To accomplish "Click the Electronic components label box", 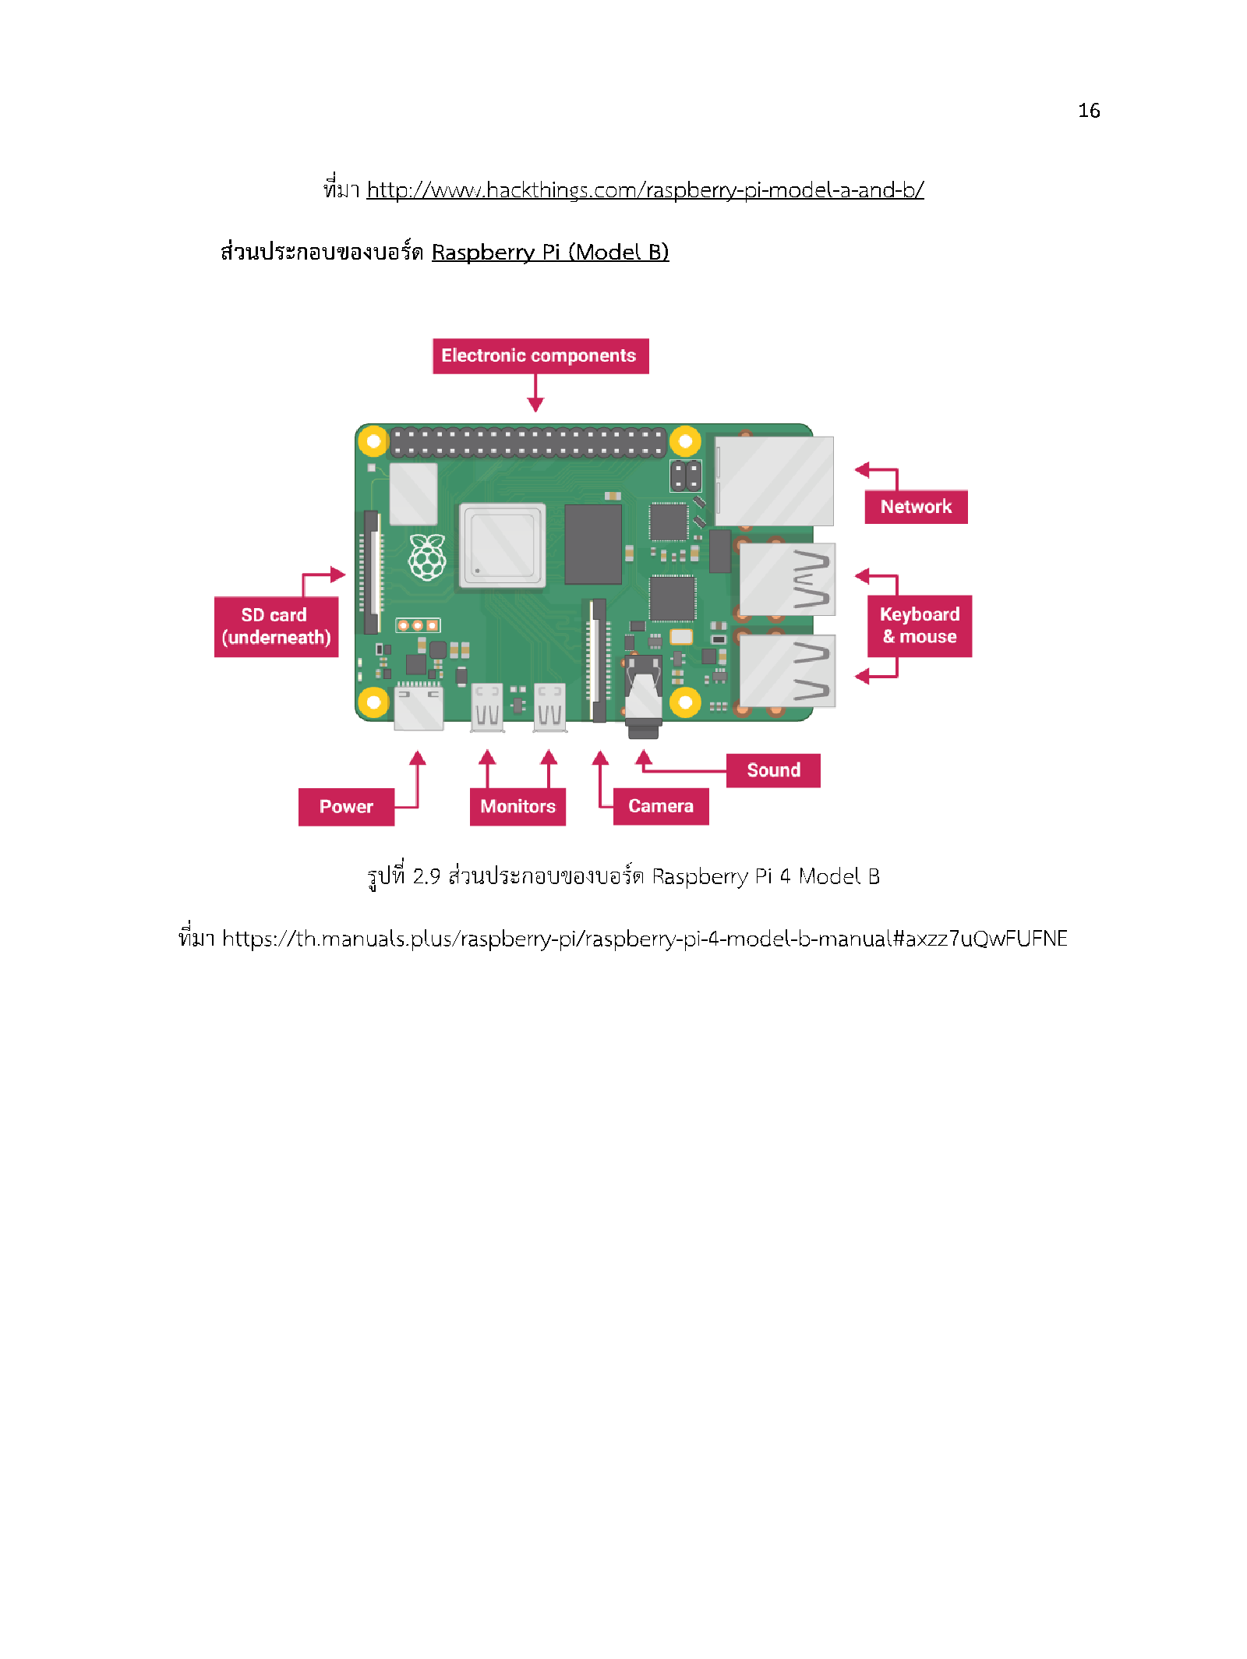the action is (x=540, y=355).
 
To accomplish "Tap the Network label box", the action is (x=916, y=507).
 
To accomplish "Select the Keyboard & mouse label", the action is (x=920, y=625).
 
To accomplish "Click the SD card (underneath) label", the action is (x=276, y=627).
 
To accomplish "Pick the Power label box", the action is (x=346, y=807).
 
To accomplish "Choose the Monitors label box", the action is (x=518, y=807).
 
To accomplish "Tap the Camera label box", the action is (x=661, y=806).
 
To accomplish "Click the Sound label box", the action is (x=773, y=770).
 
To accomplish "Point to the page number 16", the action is (x=1089, y=111).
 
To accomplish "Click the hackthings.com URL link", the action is (x=645, y=190).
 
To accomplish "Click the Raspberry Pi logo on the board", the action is (x=428, y=557).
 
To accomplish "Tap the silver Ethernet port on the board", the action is (x=774, y=481).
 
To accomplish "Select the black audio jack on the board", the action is (x=644, y=696).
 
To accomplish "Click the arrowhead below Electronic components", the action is (x=535, y=404).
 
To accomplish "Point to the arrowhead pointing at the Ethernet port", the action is (x=862, y=469).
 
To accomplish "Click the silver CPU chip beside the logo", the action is (x=503, y=545).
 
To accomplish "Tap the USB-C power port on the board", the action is (x=419, y=707).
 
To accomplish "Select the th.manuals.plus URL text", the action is (x=645, y=938).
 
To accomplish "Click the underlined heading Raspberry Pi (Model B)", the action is (x=550, y=253).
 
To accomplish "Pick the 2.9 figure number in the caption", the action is (x=426, y=876).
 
